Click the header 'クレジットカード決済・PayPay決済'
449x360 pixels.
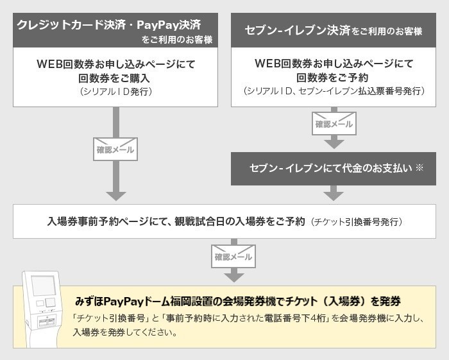tap(109, 25)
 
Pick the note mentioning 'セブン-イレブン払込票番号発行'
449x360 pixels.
tap(333, 92)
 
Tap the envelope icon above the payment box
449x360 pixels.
tap(334, 123)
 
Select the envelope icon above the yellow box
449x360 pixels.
tap(233, 256)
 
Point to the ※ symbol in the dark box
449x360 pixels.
tap(419, 167)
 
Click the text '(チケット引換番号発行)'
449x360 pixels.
tap(357, 222)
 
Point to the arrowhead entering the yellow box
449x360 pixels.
tap(233, 276)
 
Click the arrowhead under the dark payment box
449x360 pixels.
tap(334, 194)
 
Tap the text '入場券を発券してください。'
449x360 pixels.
tap(124, 333)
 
